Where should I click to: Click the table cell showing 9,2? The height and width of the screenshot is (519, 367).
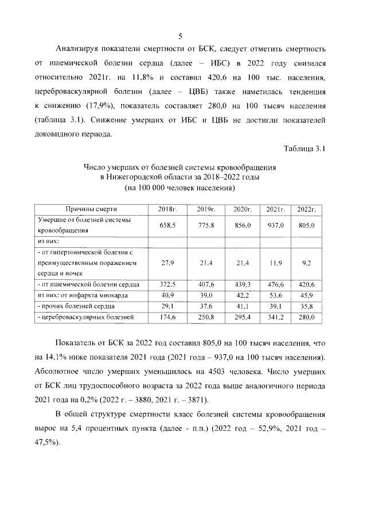click(307, 263)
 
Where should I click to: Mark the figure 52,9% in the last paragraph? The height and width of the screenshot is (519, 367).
click(269, 428)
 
